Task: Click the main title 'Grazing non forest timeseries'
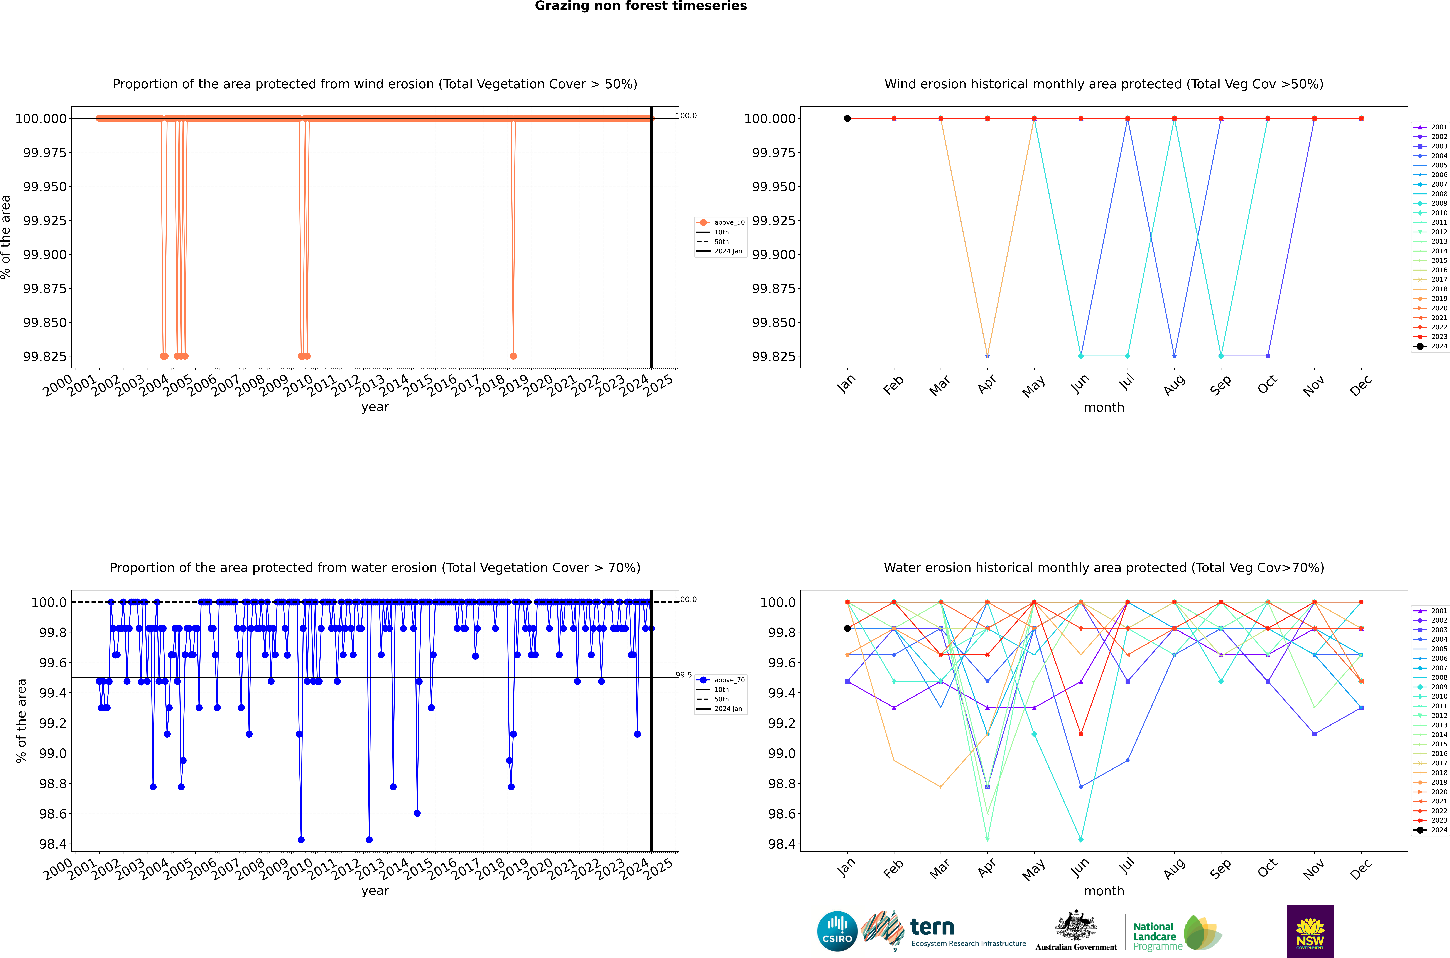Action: (640, 6)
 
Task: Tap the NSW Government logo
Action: (1310, 931)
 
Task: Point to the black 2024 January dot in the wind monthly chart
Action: (847, 119)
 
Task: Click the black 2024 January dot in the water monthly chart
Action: (847, 628)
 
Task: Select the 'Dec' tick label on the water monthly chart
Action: (1361, 869)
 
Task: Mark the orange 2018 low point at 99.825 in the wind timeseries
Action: (513, 356)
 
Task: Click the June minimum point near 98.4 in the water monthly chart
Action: (1081, 839)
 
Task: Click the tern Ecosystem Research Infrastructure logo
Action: (944, 931)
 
